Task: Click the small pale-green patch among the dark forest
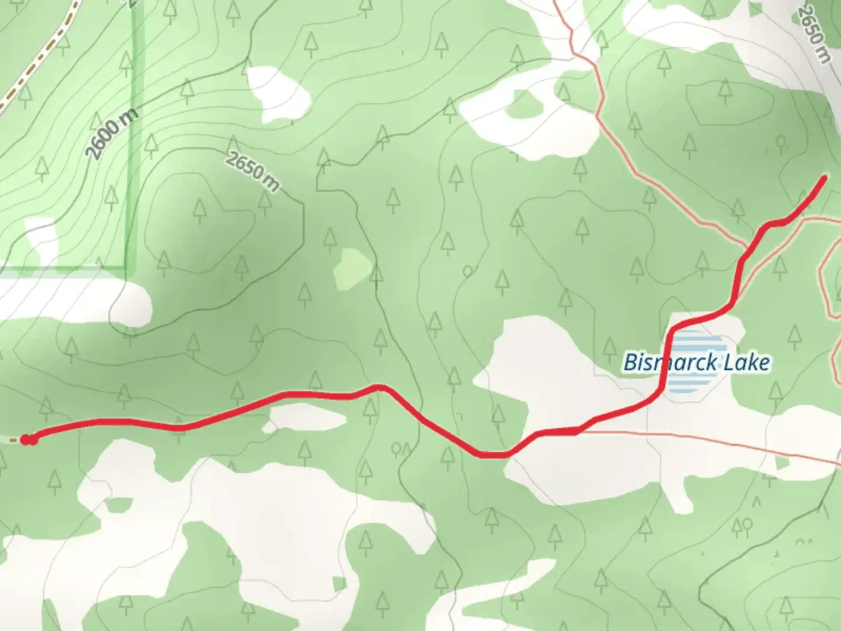[x=353, y=268]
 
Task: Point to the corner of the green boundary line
[x=124, y=268]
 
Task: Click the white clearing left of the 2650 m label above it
[x=277, y=93]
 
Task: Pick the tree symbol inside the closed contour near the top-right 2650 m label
[x=725, y=91]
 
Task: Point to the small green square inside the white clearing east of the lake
[x=782, y=464]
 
